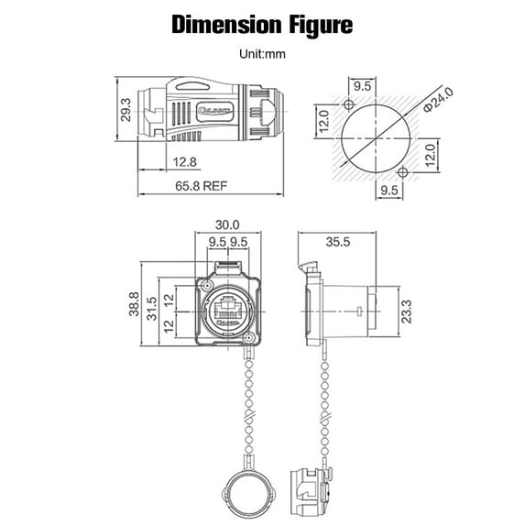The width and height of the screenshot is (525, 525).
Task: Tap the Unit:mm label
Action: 262,54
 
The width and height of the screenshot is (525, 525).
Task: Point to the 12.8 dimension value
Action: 182,162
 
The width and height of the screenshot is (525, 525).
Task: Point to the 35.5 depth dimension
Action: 338,243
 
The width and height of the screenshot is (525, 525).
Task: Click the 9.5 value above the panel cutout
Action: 362,86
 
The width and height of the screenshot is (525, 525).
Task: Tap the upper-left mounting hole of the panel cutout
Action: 351,104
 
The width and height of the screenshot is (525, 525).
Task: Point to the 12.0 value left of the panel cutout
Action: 323,119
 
